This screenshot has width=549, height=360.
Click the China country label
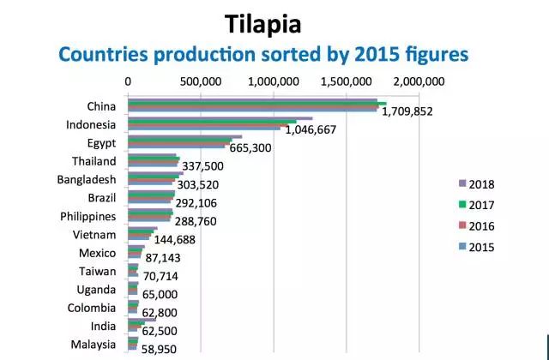[102, 107]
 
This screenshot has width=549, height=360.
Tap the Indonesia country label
[91, 125]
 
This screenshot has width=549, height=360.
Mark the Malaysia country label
[93, 345]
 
